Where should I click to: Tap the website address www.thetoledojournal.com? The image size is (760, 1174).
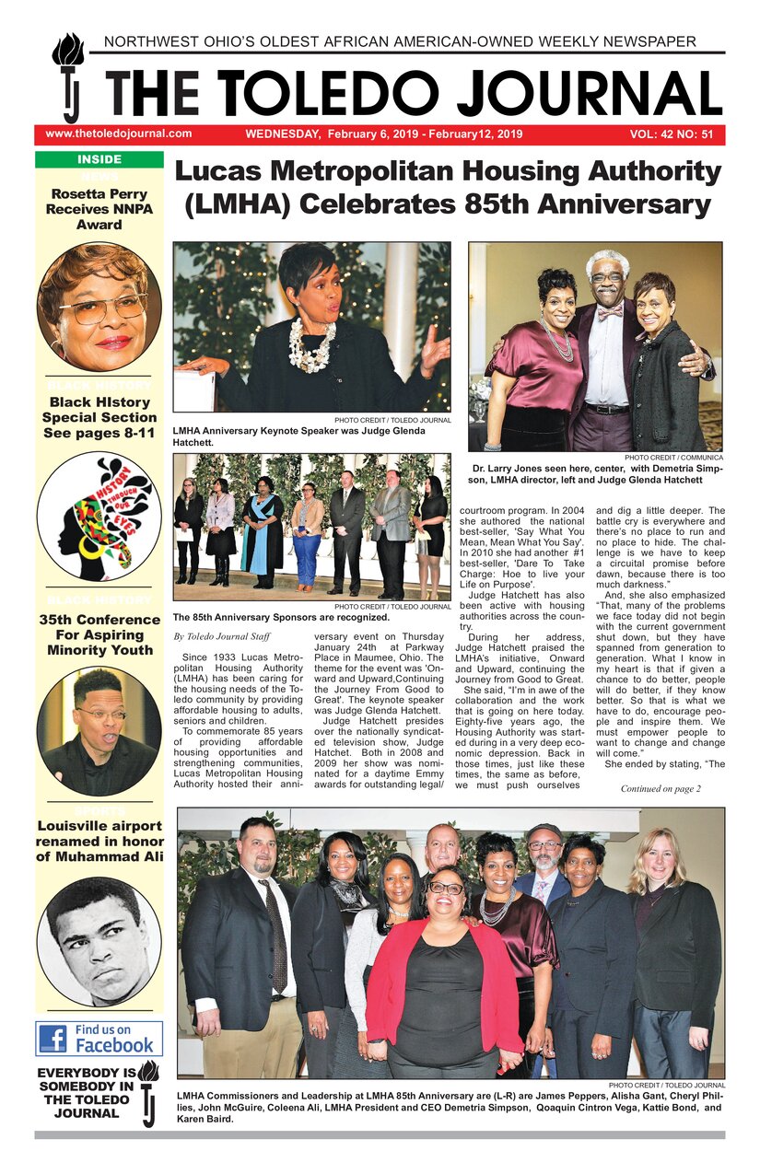(118, 134)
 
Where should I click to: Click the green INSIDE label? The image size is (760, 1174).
(99, 159)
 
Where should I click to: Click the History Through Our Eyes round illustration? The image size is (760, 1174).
(99, 516)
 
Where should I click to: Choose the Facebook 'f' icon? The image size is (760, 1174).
(53, 1039)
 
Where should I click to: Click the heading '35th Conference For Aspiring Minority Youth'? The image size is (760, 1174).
(99, 634)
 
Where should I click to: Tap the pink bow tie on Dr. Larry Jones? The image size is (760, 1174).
(609, 313)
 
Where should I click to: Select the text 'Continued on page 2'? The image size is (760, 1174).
(661, 788)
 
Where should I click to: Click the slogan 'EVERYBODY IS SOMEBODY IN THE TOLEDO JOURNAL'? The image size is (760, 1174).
(86, 1093)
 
